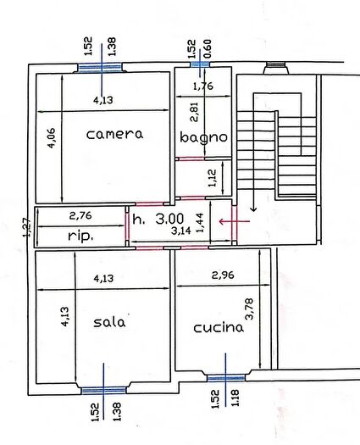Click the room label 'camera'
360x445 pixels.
(x=114, y=134)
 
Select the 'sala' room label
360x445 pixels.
(x=109, y=322)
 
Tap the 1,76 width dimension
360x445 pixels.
(x=202, y=86)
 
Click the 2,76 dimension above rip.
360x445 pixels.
(x=80, y=215)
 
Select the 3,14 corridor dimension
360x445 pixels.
(x=180, y=230)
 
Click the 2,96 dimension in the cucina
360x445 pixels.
(x=222, y=275)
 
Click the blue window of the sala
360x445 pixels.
(x=103, y=390)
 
